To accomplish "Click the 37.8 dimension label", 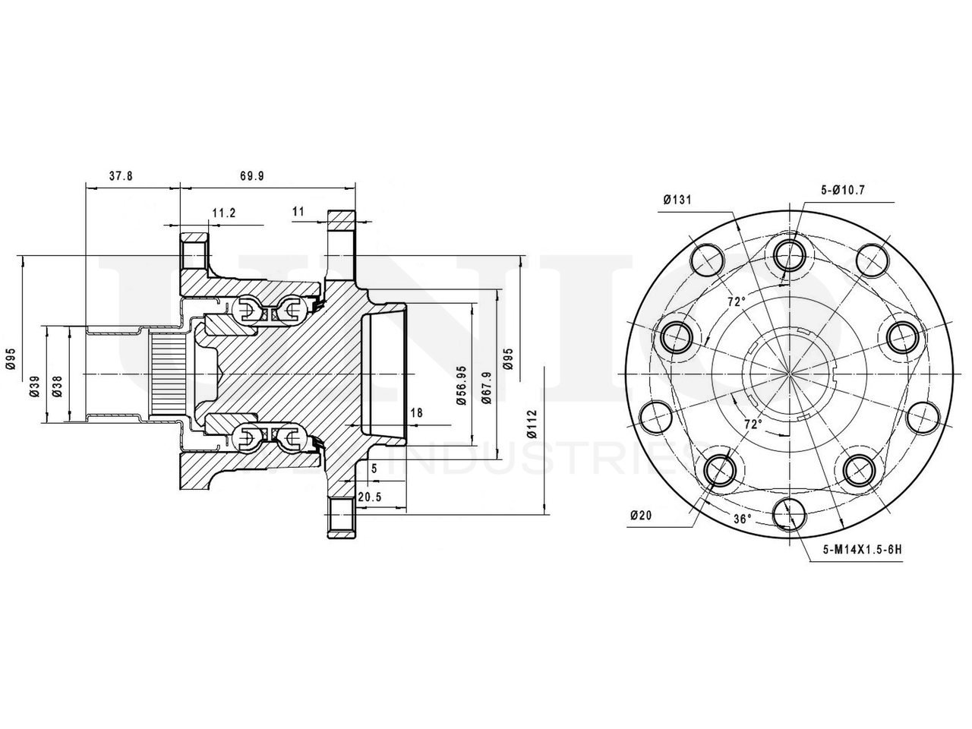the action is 121,175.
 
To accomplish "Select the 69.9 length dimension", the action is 252,175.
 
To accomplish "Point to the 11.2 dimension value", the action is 223,213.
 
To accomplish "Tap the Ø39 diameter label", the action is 34,387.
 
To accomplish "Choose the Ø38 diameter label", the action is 57,387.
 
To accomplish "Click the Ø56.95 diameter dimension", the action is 462,386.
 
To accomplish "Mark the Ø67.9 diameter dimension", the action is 486,386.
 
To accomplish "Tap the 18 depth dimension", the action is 416,412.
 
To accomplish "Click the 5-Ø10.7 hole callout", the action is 842,190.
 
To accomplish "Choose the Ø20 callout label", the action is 640,516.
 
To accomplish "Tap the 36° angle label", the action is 743,519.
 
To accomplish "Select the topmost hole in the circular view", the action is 789,253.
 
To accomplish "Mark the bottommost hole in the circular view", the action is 789,513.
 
